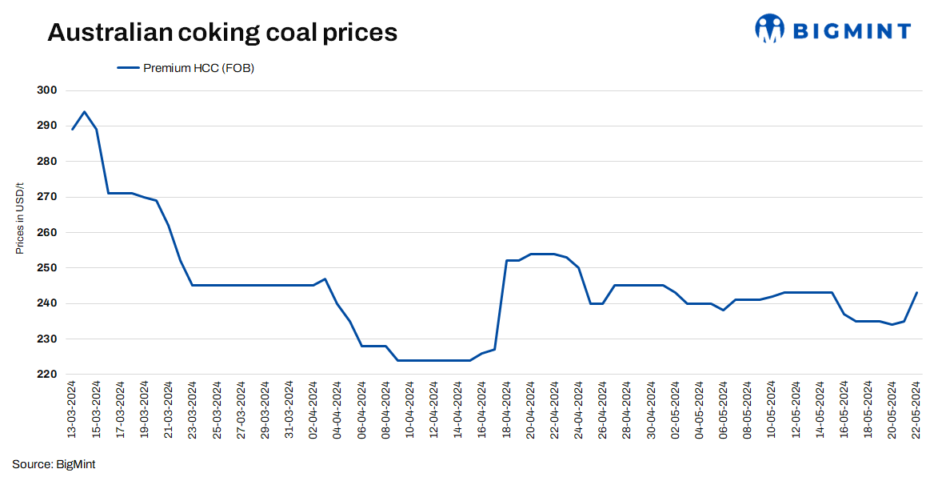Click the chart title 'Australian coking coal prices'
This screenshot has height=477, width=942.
pos(222,33)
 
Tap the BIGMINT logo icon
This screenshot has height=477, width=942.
pos(770,29)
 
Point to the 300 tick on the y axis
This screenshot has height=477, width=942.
pos(49,90)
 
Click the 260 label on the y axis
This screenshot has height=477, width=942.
pos(49,233)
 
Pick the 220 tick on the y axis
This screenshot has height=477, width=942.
pos(49,375)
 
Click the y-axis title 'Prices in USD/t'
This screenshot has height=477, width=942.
pos(20,218)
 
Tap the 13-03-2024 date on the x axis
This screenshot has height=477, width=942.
pos(73,409)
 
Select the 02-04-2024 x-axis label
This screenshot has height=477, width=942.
pos(313,409)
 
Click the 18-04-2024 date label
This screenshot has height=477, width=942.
pos(506,409)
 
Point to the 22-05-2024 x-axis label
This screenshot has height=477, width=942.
pos(916,409)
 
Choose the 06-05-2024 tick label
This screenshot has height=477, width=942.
pos(723,409)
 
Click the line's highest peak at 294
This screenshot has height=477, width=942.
pos(85,112)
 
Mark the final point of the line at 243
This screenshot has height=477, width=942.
pos(916,293)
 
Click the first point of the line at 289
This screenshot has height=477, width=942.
pos(73,130)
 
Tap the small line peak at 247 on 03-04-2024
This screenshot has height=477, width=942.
pos(325,279)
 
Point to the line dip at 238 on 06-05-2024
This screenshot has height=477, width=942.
pos(723,311)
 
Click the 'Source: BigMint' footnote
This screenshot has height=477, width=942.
pos(54,464)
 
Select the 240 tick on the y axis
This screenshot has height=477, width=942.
pos(49,304)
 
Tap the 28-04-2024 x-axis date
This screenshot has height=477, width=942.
pos(627,409)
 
